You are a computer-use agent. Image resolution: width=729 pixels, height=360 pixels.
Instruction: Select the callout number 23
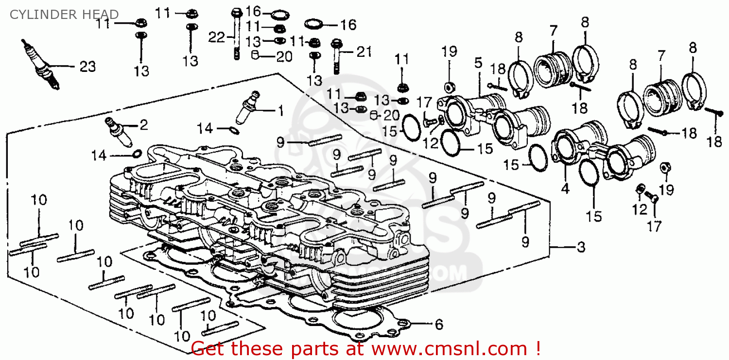point(87,67)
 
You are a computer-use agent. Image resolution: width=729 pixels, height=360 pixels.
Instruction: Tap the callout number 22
point(217,37)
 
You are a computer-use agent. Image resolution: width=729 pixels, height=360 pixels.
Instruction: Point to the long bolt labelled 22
point(237,34)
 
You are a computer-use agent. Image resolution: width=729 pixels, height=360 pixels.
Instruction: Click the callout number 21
point(364,51)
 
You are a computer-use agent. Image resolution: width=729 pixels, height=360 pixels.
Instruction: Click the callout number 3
point(581,248)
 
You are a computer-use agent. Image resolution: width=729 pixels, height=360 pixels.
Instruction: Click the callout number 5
point(478,63)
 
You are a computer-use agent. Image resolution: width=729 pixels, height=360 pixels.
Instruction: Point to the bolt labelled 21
point(336,56)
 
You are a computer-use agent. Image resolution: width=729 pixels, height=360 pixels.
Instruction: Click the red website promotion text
point(365,348)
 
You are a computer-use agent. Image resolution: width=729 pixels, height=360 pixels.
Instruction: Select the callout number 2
point(143,125)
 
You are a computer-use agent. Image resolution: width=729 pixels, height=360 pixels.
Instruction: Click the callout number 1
point(280,111)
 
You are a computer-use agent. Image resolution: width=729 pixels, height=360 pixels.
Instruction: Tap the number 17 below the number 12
point(654,226)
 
